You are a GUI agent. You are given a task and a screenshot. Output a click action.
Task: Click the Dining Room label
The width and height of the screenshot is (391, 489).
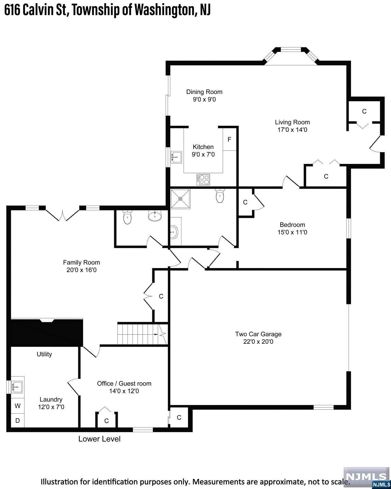(x=204, y=92)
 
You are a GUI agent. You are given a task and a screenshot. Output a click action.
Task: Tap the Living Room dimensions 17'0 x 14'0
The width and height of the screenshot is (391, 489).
(x=292, y=130)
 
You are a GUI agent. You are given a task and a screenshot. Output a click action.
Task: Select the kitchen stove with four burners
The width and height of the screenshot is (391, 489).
(x=203, y=180)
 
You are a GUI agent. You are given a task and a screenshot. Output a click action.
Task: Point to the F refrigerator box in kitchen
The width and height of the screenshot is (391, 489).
(x=229, y=139)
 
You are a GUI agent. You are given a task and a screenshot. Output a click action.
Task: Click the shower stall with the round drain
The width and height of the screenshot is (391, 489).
(x=180, y=199)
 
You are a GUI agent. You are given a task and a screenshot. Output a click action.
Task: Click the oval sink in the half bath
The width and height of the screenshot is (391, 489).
(x=155, y=216)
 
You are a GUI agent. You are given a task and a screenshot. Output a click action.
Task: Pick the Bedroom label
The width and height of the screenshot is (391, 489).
(x=292, y=224)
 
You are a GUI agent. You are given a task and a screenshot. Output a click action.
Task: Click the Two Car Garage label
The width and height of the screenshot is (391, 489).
(x=258, y=334)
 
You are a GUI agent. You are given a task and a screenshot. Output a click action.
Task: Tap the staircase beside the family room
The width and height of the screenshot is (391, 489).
(x=138, y=334)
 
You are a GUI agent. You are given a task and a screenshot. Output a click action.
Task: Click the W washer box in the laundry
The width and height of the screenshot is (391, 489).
(x=18, y=406)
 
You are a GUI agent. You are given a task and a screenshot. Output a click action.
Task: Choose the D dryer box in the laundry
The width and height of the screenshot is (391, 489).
(x=18, y=420)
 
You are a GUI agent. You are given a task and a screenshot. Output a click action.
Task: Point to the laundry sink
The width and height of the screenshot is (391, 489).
(x=17, y=387)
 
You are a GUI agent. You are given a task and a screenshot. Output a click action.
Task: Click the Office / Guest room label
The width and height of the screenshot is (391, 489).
(x=124, y=383)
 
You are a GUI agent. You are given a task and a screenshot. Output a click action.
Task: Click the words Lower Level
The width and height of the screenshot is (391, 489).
(x=99, y=439)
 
